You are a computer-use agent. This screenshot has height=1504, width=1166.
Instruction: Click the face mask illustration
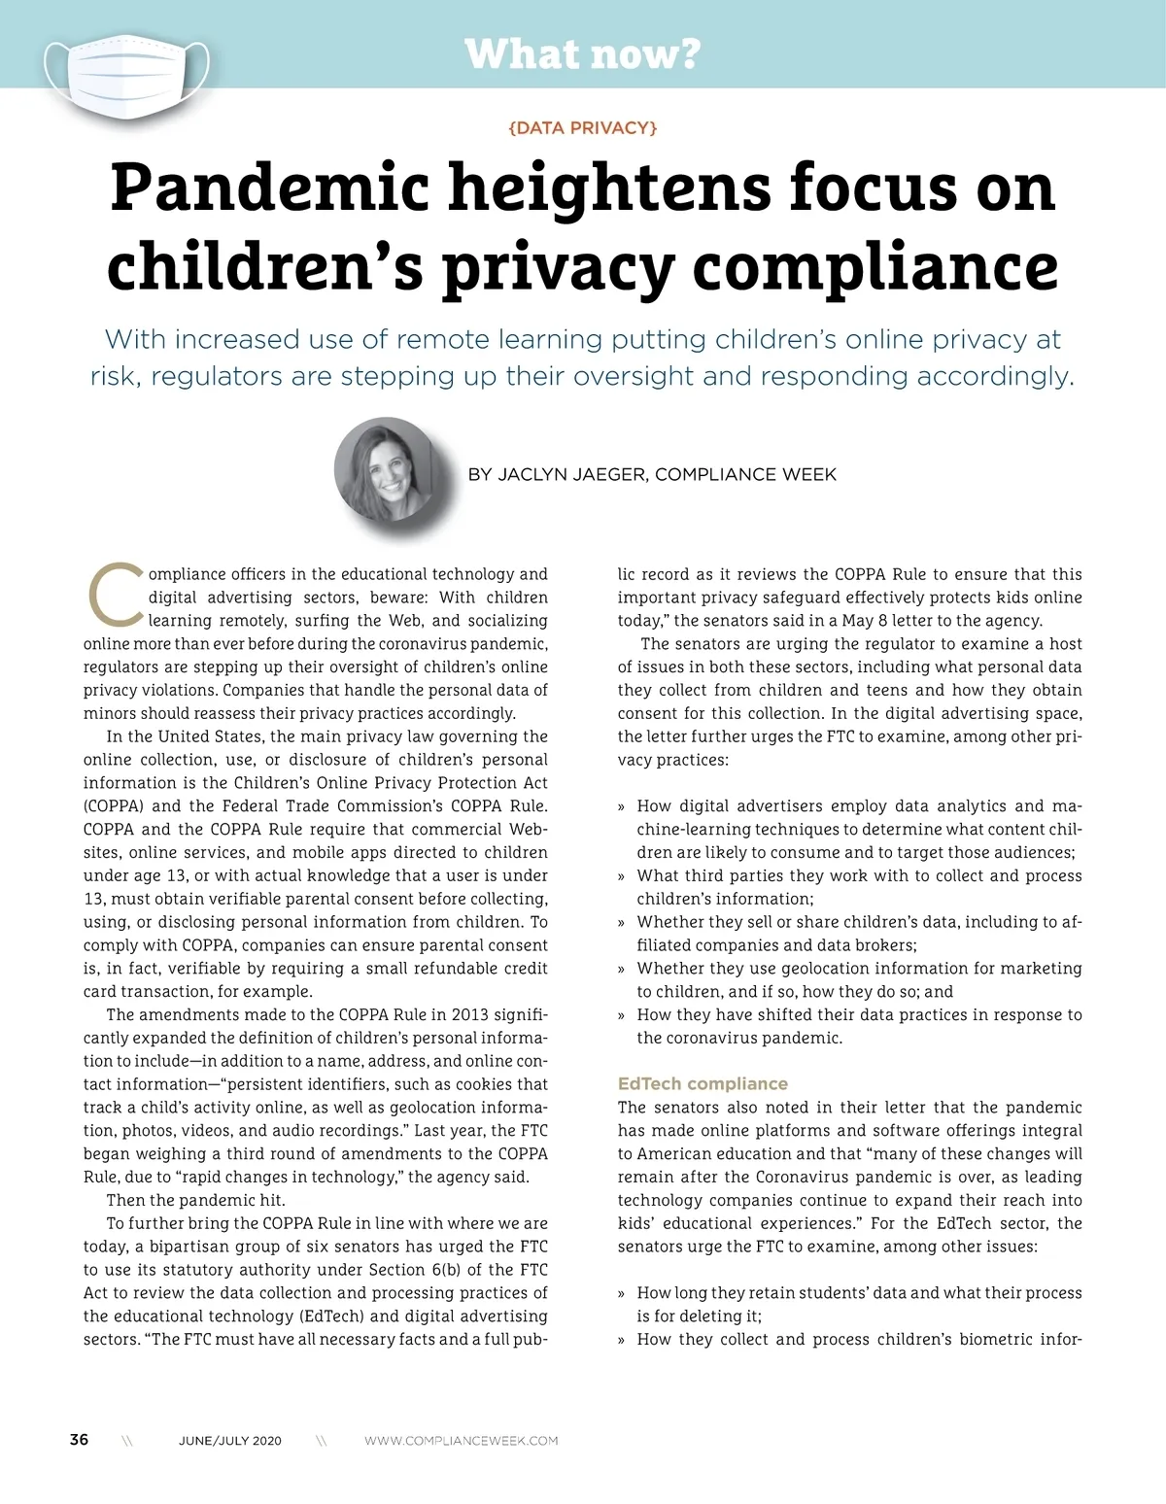[x=127, y=74]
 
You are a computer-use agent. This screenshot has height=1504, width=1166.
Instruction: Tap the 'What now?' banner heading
[x=582, y=53]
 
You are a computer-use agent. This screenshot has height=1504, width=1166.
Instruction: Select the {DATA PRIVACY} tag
[x=582, y=127]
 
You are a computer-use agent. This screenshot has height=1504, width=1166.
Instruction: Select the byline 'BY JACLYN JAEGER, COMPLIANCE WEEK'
[x=651, y=475]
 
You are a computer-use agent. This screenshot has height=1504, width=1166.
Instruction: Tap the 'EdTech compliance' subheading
[x=703, y=1083]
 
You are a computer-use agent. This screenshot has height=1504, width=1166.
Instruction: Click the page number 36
[x=79, y=1439]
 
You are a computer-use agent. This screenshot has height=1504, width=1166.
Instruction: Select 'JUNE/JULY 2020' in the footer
[x=230, y=1441]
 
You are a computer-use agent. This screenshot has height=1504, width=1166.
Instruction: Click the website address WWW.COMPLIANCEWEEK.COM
[x=461, y=1441]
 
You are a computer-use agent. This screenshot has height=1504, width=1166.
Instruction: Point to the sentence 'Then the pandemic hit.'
[x=195, y=1200]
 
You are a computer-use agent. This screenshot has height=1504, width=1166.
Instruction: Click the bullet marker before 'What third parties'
[x=622, y=876]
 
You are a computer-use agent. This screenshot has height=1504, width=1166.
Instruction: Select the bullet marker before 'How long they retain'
[x=622, y=1293]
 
